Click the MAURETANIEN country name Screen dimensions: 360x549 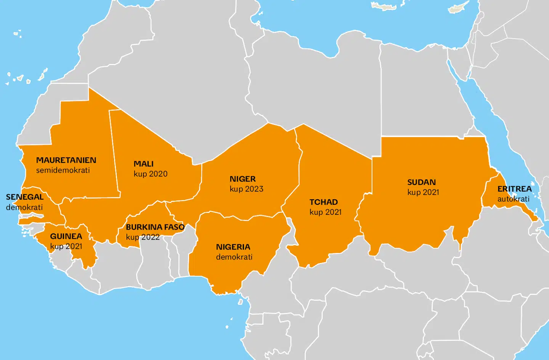pos(66,160)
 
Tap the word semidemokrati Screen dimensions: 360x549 pos(63,170)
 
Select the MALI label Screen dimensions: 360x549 pos(143,164)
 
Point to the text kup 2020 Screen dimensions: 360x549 pos(151,174)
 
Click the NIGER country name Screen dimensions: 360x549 pos(242,179)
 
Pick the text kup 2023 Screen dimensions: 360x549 pos(246,189)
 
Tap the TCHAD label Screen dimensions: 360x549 pos(323,202)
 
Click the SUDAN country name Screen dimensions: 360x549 pos(421,182)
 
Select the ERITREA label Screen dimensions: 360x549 pos(514,189)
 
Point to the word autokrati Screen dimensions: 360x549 pos(513,199)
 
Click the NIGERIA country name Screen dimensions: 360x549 pos(233,247)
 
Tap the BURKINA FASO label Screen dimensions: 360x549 pos(155,227)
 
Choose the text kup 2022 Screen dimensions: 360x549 pos(143,237)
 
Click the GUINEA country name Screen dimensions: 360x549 pos(66,237)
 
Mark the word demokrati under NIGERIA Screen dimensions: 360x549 pos(234,257)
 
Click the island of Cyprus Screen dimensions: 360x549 pos(459,8)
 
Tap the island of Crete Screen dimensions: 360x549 pos(384,6)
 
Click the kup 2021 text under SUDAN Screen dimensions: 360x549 pos(423,192)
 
